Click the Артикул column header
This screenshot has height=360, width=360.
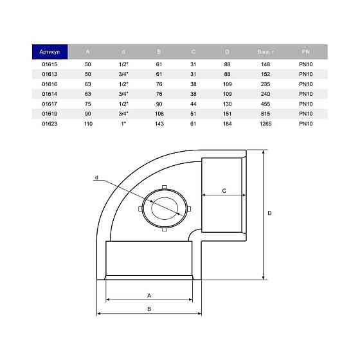(50, 51)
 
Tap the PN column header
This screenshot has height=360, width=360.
(305, 51)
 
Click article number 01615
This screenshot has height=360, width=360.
(50, 64)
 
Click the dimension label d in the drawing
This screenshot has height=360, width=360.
(96, 177)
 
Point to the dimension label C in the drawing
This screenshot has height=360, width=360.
(223, 191)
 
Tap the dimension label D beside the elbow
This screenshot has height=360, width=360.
(270, 213)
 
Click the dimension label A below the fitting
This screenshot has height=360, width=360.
(149, 295)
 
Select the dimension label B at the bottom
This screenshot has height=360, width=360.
(149, 309)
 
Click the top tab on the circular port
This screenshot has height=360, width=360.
(165, 188)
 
